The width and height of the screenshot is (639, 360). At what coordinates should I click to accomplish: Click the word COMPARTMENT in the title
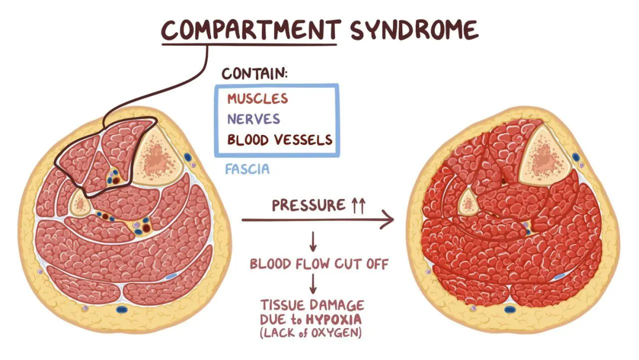[251, 30]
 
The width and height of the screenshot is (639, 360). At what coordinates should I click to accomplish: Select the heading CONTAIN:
[254, 74]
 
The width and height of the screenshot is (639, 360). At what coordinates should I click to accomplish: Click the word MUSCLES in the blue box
[257, 98]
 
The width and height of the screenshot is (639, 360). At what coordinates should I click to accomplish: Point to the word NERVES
[253, 118]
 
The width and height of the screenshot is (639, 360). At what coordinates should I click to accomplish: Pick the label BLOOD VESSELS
[280, 140]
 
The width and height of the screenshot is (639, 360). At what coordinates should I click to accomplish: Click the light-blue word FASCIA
[247, 169]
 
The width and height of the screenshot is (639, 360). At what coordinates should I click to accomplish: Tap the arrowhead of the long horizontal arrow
[388, 221]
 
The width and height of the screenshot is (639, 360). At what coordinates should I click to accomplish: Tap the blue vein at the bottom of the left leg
[122, 309]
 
